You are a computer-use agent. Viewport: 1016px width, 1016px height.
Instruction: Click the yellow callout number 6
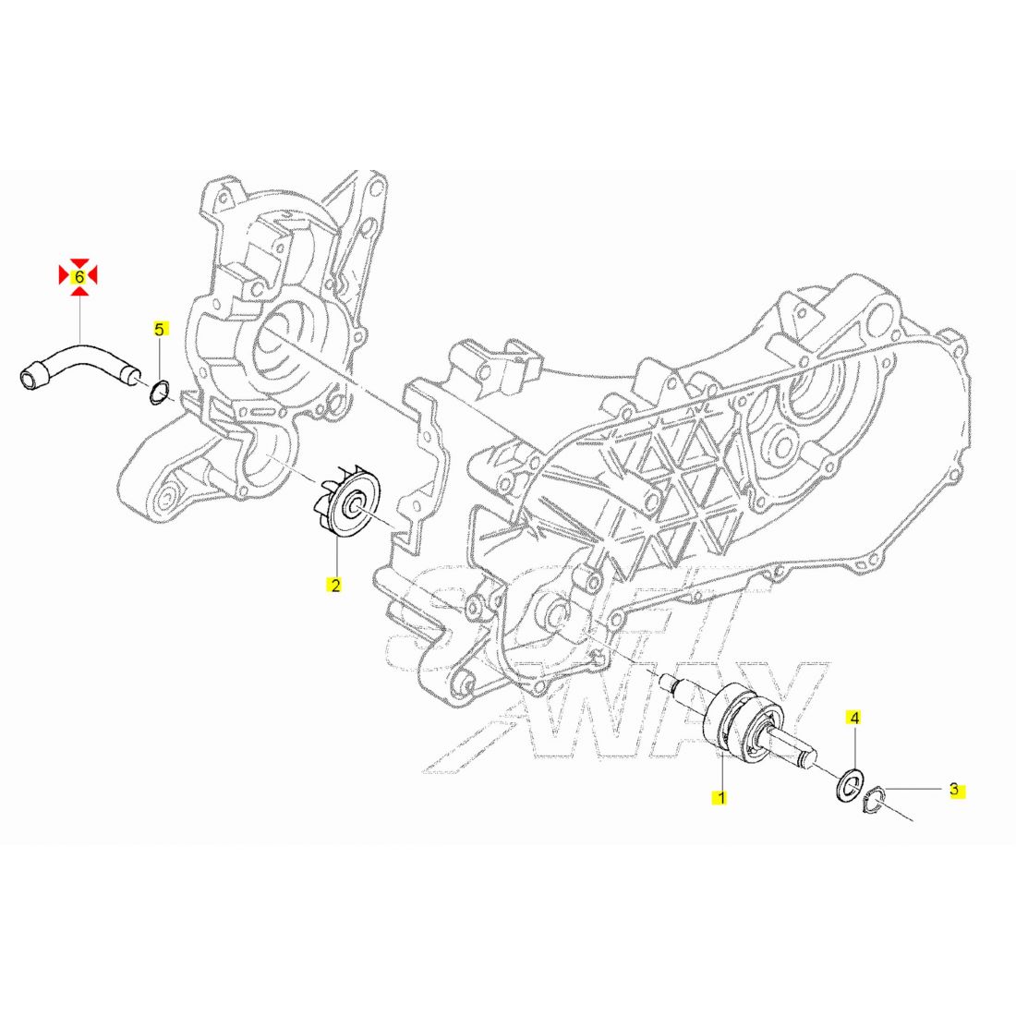(x=79, y=277)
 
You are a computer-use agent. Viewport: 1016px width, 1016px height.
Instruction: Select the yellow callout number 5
(x=159, y=329)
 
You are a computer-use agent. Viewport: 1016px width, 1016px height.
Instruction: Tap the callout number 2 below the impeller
(x=335, y=585)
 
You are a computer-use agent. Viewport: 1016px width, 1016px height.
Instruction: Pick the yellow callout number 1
(x=720, y=798)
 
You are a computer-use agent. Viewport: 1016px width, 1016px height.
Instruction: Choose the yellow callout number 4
(x=854, y=718)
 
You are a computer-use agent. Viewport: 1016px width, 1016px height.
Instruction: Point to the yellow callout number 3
(x=954, y=790)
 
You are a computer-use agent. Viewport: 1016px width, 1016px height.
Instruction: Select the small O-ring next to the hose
(x=160, y=393)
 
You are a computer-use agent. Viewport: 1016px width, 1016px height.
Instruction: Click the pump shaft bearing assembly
(x=739, y=721)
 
